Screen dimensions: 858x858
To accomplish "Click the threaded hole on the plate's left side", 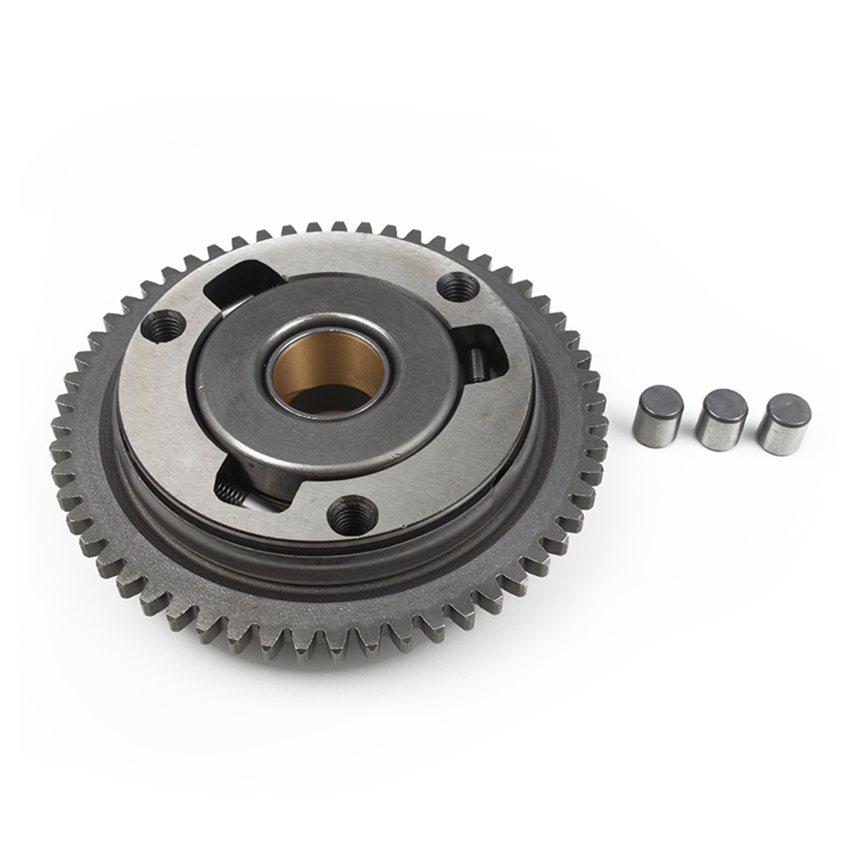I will click(163, 326).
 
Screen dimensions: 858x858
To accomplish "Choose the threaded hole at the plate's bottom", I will click(352, 515).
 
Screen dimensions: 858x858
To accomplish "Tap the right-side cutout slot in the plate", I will click(476, 347).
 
